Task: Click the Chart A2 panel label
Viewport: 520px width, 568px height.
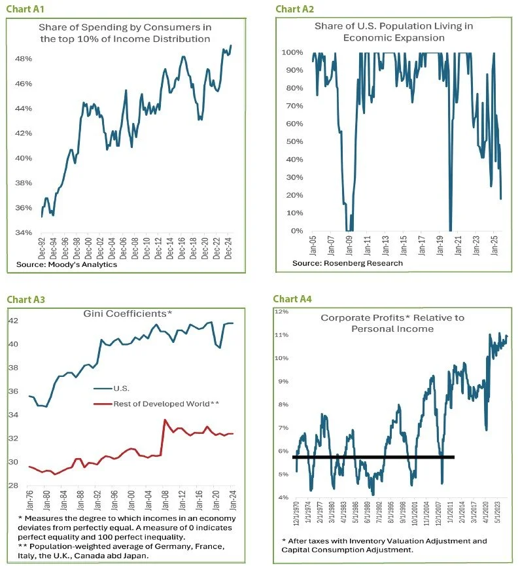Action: [x=294, y=9]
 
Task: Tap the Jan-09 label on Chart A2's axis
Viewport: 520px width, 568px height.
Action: [x=350, y=246]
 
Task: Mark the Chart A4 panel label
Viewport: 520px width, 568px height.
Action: [x=294, y=299]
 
